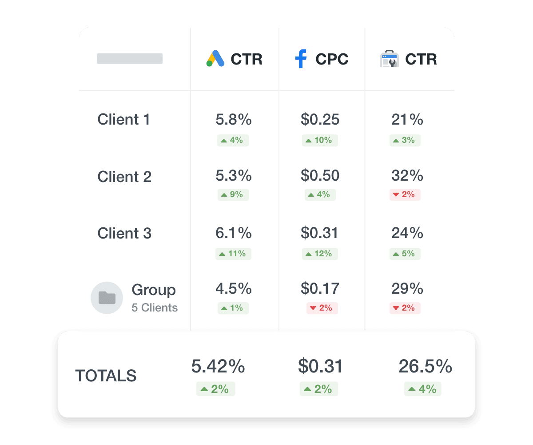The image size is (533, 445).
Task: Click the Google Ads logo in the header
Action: (215, 59)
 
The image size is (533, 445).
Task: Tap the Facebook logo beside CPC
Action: (301, 59)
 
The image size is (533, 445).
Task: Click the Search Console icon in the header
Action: (390, 59)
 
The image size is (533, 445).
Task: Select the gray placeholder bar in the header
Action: (130, 59)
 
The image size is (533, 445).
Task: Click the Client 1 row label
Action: (123, 119)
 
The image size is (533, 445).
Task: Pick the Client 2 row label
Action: (124, 177)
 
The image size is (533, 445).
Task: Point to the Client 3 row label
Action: (124, 233)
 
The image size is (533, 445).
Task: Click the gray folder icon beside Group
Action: (107, 298)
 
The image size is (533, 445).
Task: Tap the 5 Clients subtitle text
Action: (155, 307)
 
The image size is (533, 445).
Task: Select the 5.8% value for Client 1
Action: (233, 119)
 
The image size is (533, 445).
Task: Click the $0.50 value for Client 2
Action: (320, 175)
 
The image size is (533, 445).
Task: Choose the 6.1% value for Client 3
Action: (233, 233)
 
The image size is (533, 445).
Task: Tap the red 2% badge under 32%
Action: (405, 194)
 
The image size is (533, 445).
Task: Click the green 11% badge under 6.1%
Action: (233, 254)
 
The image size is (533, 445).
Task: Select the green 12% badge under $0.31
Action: (320, 254)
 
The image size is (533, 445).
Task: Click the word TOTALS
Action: (106, 376)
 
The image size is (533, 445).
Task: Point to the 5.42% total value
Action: (218, 366)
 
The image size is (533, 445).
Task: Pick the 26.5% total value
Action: (425, 366)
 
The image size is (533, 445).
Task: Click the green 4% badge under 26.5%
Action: (422, 389)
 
